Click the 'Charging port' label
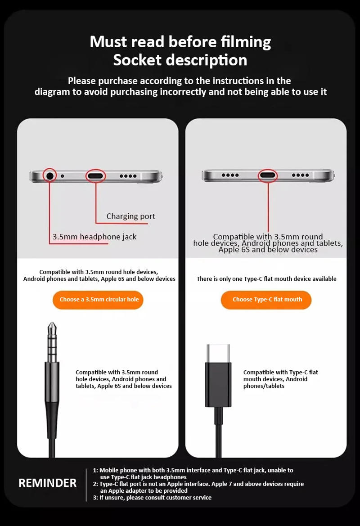130,216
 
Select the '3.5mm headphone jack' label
94,237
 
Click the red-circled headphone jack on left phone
49,175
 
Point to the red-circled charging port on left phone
95,176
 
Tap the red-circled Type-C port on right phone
268,175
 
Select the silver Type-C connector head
218,353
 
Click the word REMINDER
47,483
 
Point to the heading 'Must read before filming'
180,42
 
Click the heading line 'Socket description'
180,60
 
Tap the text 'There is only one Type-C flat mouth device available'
266,279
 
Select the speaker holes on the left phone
128,176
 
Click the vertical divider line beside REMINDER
86,484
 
